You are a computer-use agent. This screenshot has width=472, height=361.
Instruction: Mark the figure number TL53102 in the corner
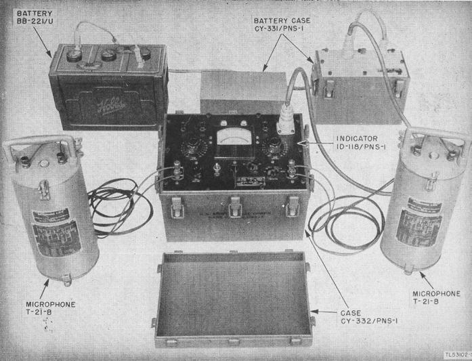457,355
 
